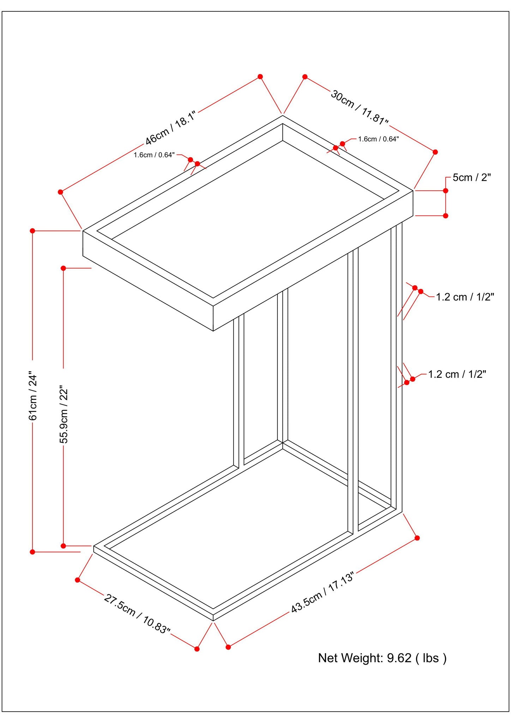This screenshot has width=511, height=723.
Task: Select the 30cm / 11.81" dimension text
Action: (x=359, y=107)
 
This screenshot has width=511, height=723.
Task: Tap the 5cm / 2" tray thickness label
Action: (x=471, y=177)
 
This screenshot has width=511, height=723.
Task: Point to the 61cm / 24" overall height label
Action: (x=33, y=395)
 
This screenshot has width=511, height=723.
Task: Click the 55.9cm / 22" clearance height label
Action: (x=64, y=414)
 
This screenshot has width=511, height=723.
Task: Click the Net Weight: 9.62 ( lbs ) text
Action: (x=382, y=658)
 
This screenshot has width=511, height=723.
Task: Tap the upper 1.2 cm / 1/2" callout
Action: (x=465, y=297)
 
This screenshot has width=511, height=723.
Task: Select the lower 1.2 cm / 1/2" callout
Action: (x=457, y=374)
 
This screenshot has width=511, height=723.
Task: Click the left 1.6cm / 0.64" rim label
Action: (x=154, y=155)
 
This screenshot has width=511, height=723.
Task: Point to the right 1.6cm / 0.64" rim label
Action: (x=378, y=139)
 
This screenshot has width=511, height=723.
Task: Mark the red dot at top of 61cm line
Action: (x=32, y=231)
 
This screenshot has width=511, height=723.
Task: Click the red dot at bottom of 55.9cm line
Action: (x=64, y=546)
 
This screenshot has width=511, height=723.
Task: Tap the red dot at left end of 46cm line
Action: (x=60, y=192)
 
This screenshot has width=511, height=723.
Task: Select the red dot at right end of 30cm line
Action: (x=435, y=152)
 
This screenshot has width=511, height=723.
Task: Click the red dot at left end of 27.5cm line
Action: (x=78, y=580)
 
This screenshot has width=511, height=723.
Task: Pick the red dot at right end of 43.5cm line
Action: (x=417, y=538)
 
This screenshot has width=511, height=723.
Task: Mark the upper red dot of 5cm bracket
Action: (x=446, y=191)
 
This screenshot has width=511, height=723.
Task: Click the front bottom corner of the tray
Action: (x=213, y=331)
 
